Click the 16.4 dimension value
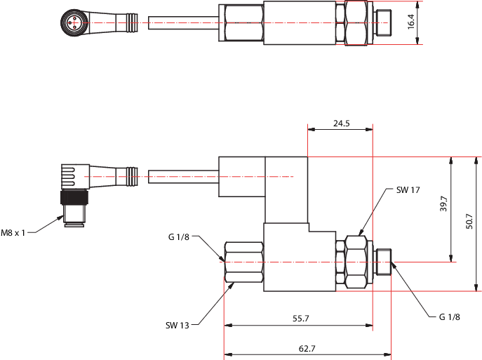point(411,22)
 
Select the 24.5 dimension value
point(342,124)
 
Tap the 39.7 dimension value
point(443,204)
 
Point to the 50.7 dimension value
point(469,221)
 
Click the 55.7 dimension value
point(300,318)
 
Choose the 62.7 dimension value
point(307,348)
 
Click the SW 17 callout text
point(408,190)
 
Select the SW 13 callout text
point(177,325)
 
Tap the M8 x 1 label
point(13,233)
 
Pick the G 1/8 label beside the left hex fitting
point(179,236)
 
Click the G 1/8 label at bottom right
point(450,316)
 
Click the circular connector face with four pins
point(74,22)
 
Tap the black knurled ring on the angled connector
point(74,197)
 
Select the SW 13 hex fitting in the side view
point(244,262)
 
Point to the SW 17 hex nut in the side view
point(356,262)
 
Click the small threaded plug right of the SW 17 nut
point(384,262)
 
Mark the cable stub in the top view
point(184,22)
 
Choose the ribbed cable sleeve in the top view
point(132,22)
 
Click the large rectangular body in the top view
point(300,22)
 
